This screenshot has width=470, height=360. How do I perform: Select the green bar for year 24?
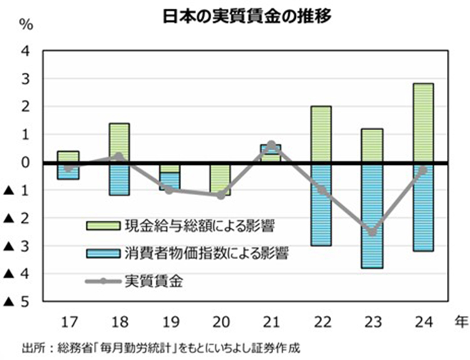[x=422, y=123]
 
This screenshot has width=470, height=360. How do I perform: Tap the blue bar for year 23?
[x=372, y=215]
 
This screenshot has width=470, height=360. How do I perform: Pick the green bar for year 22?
[x=321, y=134]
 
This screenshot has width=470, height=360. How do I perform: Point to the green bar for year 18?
[x=118, y=143]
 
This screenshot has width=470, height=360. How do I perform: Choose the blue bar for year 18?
[x=118, y=179]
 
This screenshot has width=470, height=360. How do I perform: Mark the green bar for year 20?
[x=220, y=179]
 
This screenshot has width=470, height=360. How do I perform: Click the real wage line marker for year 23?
[x=372, y=233]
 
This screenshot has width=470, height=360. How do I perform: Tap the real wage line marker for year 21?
[x=271, y=146]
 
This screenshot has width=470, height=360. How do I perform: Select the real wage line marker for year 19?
[x=169, y=189]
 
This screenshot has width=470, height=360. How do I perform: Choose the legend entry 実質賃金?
[x=154, y=282]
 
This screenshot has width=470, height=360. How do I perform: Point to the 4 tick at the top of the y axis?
[x=26, y=51]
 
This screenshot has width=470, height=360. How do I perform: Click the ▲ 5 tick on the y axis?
[x=18, y=302]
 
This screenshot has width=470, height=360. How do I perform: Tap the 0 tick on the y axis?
[x=26, y=162]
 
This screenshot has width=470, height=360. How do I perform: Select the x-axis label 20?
[x=220, y=323]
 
